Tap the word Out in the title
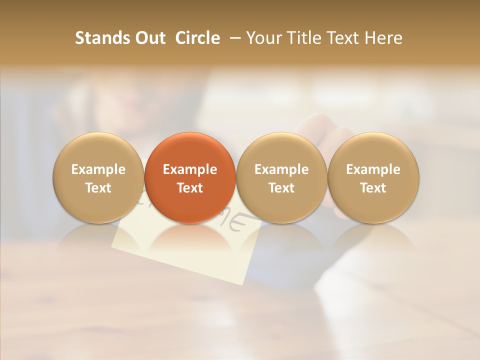[149, 38]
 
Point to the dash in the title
[233, 38]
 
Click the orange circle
[190, 150]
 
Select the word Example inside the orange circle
[190, 169]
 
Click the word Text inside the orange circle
[190, 188]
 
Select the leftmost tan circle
[98, 150]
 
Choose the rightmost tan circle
[373, 150]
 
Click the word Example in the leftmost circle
[98, 169]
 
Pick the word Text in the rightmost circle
[373, 188]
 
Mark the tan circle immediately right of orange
[281, 150]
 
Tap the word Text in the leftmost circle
[98, 188]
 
